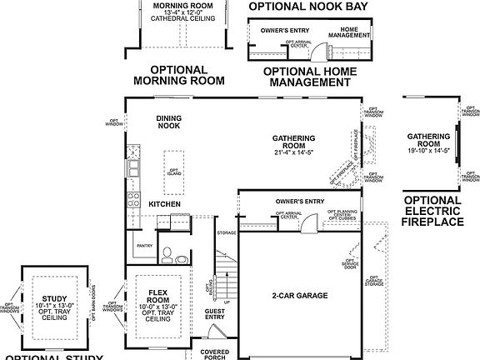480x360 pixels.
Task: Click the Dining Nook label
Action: [169, 123]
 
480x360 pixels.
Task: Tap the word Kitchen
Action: [165, 204]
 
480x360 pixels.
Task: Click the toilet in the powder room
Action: [167, 251]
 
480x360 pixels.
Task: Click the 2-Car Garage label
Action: [297, 296]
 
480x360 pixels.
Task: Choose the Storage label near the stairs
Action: [226, 233]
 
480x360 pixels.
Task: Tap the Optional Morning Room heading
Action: [179, 75]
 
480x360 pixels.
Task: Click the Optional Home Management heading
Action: [306, 77]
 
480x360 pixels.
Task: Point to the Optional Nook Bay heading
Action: [306, 7]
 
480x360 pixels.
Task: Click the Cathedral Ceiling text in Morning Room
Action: [179, 20]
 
